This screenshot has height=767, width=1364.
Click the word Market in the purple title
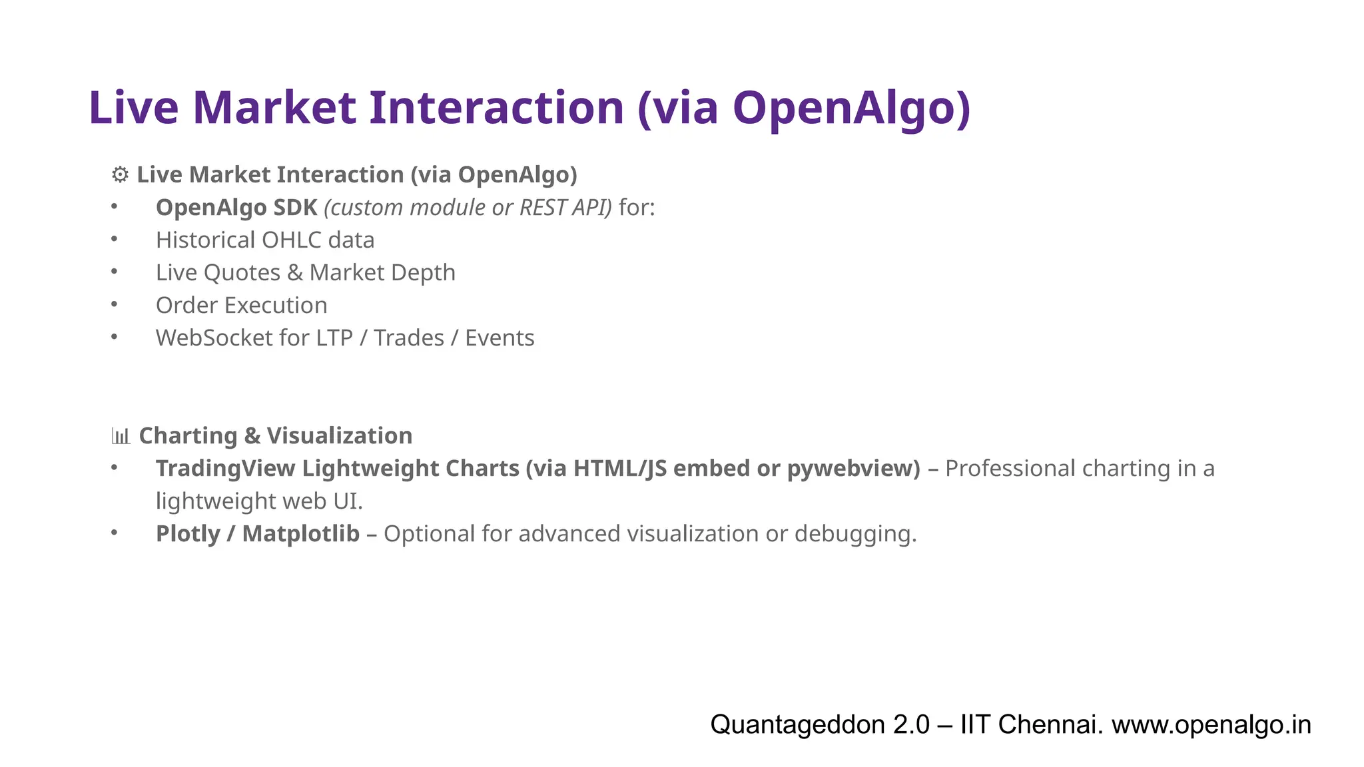(x=274, y=108)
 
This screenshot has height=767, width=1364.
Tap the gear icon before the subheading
(x=120, y=175)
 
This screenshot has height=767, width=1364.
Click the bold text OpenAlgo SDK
(x=236, y=208)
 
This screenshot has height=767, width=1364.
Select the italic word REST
(x=541, y=208)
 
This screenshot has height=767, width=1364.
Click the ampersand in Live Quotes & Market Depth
(x=295, y=273)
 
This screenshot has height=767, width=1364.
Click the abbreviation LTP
(x=334, y=338)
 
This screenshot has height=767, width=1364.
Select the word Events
(x=500, y=338)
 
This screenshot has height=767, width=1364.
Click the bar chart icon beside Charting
(x=121, y=436)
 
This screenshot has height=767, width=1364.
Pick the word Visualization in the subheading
(x=340, y=436)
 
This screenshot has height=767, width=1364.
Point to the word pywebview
(x=853, y=469)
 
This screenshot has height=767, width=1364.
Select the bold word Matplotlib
(x=301, y=534)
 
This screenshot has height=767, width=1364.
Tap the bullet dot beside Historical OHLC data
(x=115, y=239)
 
